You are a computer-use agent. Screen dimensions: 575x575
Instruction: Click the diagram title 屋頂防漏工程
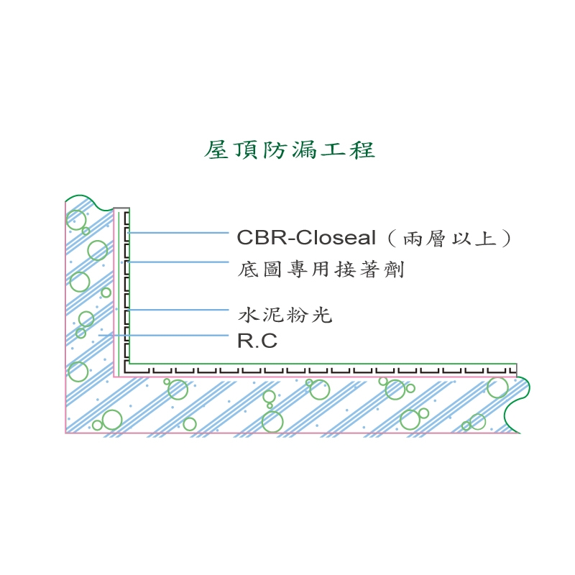tap(290, 150)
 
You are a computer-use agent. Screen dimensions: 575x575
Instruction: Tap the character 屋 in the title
tap(217, 150)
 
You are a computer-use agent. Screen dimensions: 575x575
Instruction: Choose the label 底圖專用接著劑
tap(321, 270)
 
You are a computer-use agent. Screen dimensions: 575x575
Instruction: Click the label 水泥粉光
tap(285, 315)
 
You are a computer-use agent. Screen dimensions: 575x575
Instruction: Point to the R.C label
tap(257, 341)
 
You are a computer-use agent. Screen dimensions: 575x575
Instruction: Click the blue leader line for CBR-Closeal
tap(180, 233)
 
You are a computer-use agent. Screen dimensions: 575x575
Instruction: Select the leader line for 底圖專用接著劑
tap(180, 262)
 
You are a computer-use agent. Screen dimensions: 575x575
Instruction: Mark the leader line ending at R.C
tap(165, 334)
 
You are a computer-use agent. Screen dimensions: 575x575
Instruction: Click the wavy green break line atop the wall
tap(89, 198)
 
